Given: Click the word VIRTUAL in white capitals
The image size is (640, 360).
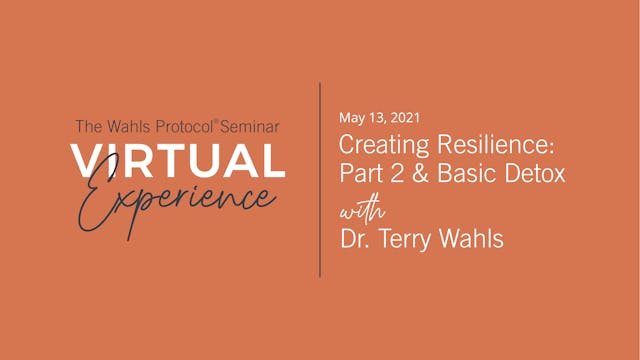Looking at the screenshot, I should coord(178,160).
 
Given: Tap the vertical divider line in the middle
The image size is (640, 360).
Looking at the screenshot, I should coord(320,180).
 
